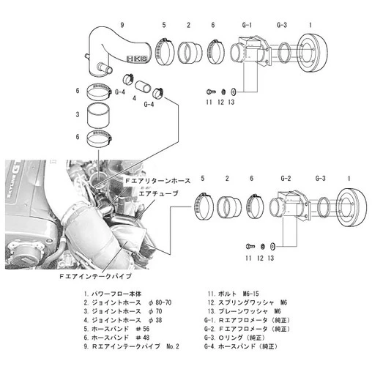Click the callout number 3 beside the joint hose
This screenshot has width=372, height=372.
pyautogui.click(x=77, y=114)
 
